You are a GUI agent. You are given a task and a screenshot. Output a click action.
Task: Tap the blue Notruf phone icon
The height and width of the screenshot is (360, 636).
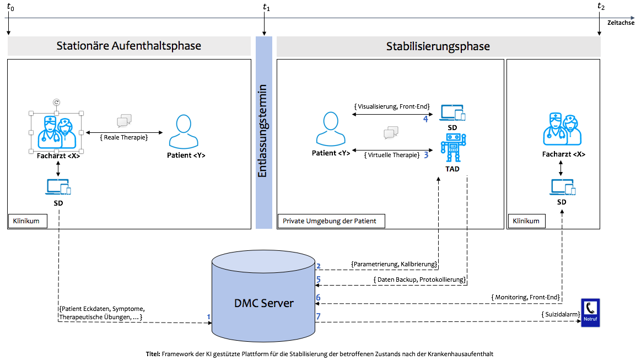590,313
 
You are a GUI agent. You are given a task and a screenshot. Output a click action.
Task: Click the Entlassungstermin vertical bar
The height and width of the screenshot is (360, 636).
264,132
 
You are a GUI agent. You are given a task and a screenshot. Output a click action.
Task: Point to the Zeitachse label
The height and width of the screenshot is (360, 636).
620,23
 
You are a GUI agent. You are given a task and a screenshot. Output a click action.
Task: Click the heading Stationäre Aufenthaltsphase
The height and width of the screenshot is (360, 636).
129,46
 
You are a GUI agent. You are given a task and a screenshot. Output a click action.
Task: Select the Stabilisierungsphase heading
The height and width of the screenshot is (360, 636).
438,46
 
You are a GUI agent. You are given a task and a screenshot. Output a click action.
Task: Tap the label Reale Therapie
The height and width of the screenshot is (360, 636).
125,137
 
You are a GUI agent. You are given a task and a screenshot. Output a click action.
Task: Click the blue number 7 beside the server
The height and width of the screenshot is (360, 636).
319,316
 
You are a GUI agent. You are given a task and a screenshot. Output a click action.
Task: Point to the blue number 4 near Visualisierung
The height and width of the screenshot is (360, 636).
425,119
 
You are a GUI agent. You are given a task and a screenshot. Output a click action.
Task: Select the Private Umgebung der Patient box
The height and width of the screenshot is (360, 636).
330,221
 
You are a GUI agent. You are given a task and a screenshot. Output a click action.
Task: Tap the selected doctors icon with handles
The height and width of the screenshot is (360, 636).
56,133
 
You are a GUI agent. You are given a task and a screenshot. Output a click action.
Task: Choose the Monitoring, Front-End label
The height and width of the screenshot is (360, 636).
525,297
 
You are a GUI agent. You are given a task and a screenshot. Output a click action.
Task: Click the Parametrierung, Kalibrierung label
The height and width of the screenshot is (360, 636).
394,264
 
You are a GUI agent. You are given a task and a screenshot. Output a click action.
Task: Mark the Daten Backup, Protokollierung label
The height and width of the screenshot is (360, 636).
419,280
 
